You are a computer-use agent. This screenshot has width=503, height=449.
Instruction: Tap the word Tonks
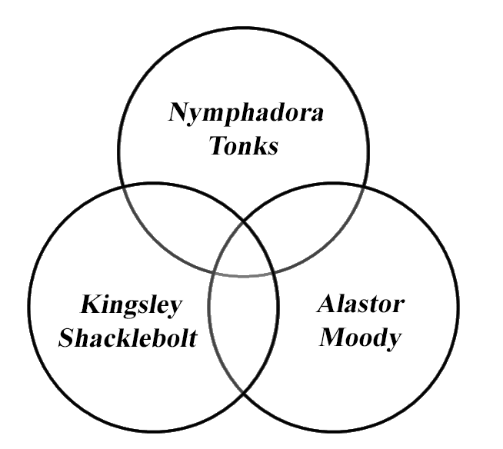pos(244,147)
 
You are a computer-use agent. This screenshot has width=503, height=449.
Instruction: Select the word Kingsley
pos(132,305)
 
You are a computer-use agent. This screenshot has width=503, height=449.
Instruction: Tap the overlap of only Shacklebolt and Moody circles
pos(244,338)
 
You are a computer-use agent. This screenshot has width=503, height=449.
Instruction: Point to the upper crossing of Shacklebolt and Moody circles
pos(244,221)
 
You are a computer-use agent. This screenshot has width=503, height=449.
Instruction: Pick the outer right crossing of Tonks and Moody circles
pos(365,187)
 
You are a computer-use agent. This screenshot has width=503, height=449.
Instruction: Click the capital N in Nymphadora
pos(178,115)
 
